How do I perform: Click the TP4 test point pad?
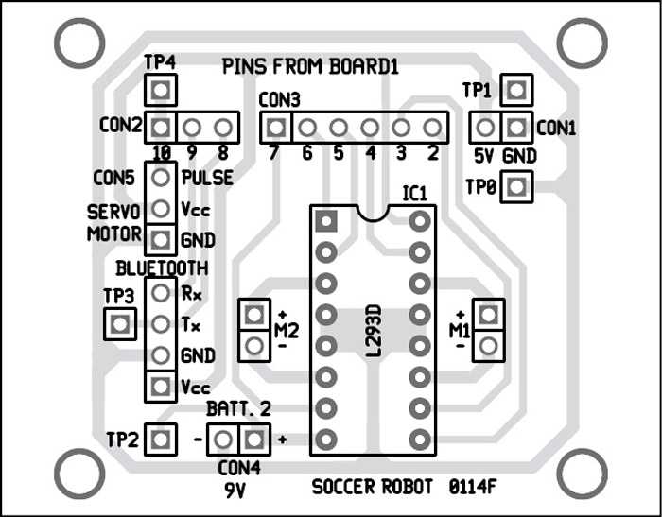(161, 92)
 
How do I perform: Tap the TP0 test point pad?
(515, 187)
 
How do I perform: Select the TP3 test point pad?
(118, 325)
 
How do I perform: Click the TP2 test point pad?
(162, 439)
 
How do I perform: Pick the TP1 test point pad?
(515, 92)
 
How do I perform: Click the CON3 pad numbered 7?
(275, 126)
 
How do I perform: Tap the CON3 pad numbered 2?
(433, 126)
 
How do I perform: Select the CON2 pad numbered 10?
(161, 126)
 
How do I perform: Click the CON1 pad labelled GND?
(515, 126)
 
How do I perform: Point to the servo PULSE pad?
(162, 177)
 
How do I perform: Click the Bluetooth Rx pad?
(162, 294)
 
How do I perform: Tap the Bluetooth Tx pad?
(162, 324)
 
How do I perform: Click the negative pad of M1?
(488, 345)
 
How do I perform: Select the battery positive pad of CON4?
(253, 439)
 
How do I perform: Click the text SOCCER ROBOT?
(371, 488)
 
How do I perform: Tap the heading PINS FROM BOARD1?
(310, 67)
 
